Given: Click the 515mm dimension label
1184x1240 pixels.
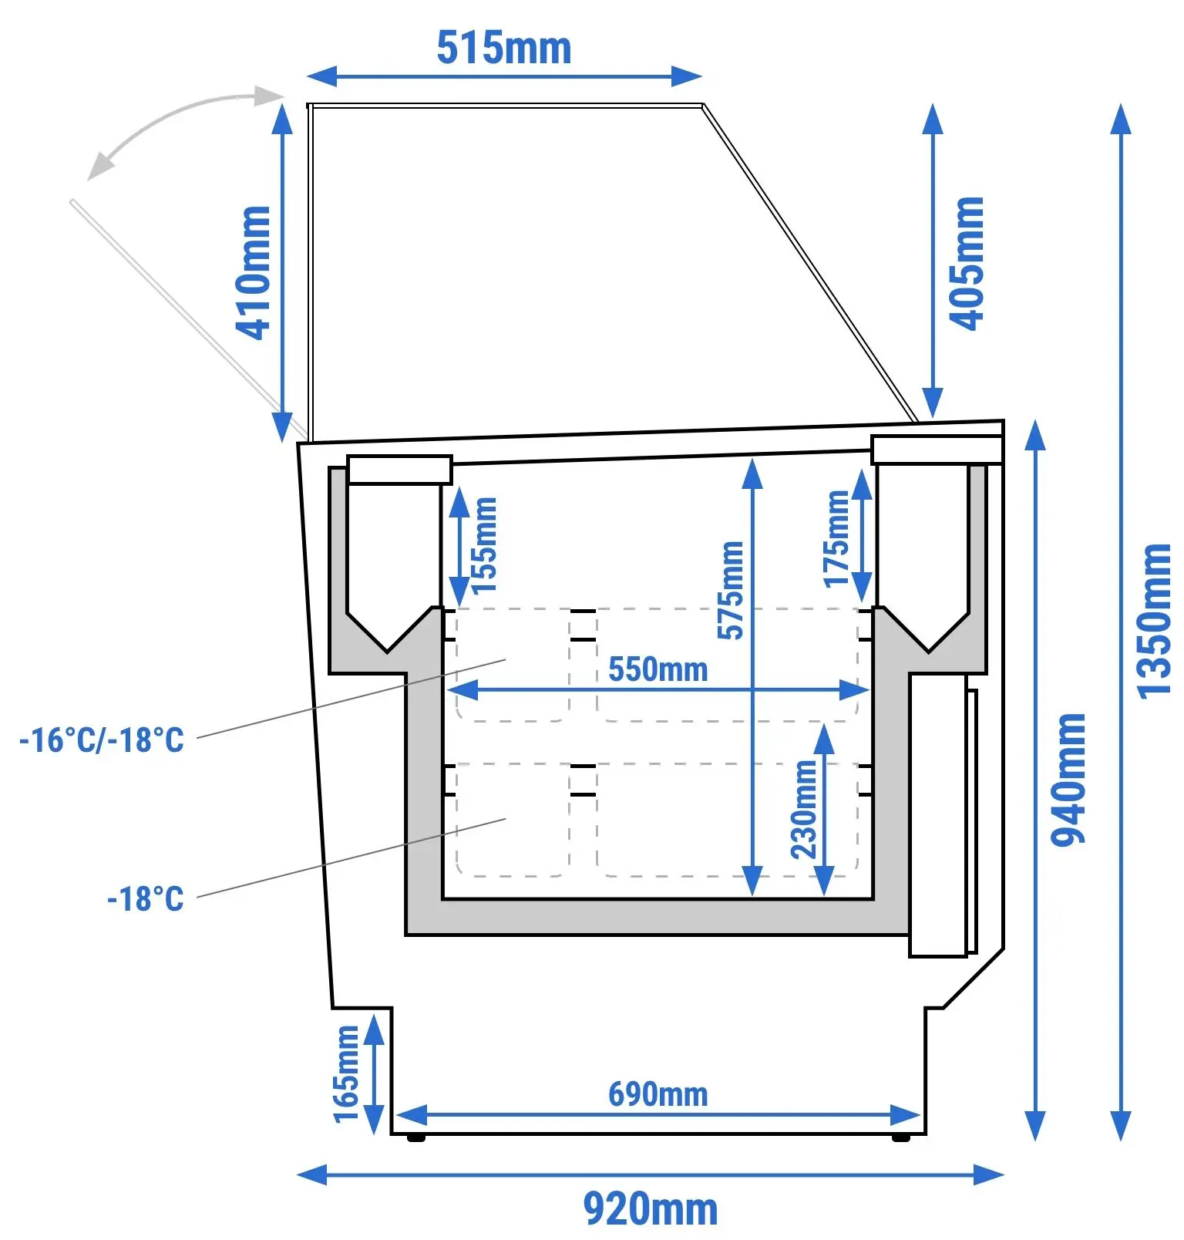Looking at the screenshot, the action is click(504, 48).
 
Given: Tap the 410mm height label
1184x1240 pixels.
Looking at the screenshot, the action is click(254, 272).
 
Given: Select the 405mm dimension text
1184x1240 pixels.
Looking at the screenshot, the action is click(967, 264).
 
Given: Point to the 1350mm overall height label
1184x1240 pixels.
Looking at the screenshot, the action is click(1154, 622).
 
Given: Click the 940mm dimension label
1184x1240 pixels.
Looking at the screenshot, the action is click(1068, 780).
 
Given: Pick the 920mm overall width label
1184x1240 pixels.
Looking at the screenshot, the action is click(651, 1208).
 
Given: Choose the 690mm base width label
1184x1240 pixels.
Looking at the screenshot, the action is click(658, 1094).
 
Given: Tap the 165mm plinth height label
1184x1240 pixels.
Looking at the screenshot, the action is click(346, 1074).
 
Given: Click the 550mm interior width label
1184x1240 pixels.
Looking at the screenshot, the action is click(658, 669).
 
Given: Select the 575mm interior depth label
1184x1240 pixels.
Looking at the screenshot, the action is click(731, 590).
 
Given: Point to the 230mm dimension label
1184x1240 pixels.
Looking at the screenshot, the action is click(804, 810).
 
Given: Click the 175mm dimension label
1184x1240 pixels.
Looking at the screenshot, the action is click(836, 539).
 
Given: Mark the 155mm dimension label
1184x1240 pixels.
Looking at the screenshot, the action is click(484, 544).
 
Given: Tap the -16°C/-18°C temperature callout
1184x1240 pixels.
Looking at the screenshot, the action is click(102, 740).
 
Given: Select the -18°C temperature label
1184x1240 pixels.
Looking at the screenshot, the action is click(146, 899).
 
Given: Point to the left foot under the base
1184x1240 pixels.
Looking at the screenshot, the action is click(416, 1137).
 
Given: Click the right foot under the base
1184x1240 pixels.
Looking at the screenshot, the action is click(900, 1137).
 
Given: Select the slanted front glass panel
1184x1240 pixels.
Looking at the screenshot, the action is click(810, 263).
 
